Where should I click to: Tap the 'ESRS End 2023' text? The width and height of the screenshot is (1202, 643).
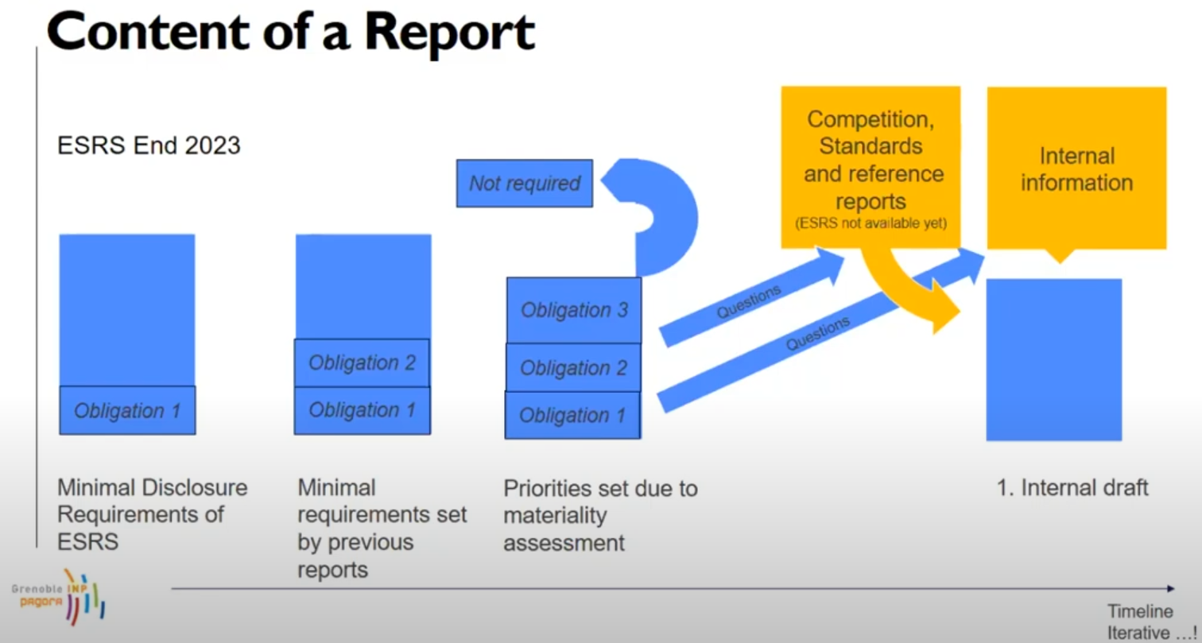pos(149,145)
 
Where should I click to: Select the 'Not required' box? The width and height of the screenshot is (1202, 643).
pos(524,184)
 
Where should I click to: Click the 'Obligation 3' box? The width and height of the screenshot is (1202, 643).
pos(574,310)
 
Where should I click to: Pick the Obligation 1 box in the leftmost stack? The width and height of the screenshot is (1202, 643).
pos(127,410)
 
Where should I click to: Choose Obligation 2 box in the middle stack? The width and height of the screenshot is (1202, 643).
pos(362,362)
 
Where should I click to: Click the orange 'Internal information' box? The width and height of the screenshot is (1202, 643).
pos(1076,168)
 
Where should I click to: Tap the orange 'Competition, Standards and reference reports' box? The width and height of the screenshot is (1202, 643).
pos(870,168)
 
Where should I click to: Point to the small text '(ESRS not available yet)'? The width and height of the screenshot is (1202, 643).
pos(870,223)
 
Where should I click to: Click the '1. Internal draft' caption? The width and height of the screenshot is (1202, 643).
pos(1072,488)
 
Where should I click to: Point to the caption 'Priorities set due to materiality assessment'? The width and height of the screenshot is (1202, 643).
pos(600,515)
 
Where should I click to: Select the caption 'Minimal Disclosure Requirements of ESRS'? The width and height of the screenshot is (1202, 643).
pos(153,514)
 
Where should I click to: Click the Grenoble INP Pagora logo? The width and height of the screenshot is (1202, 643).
pos(59,597)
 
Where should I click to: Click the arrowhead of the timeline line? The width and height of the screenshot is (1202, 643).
pos(1171,588)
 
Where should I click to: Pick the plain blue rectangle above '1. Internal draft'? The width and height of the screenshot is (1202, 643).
pos(1054,360)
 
